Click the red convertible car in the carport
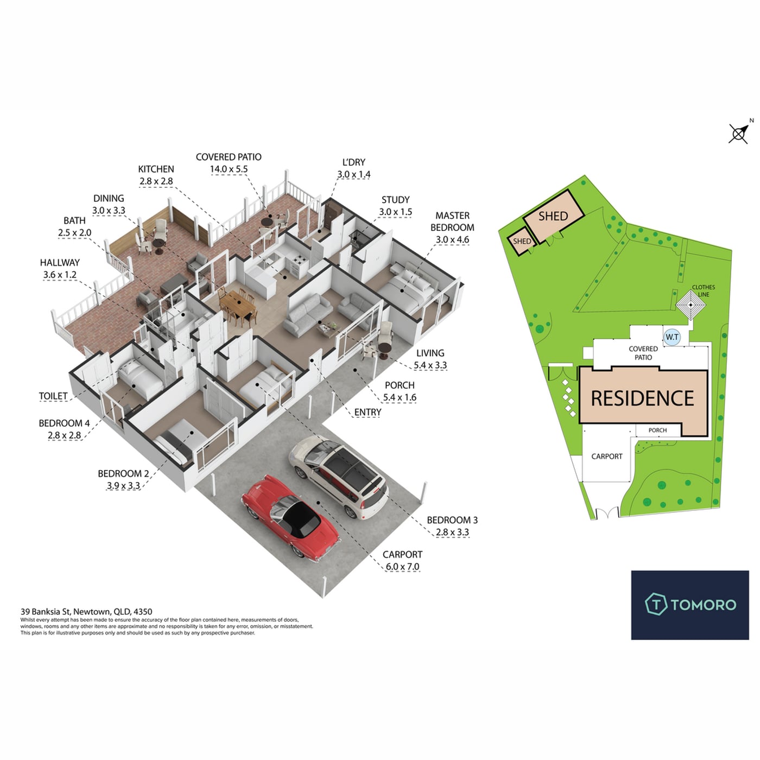click(x=290, y=516)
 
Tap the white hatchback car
click(x=338, y=477)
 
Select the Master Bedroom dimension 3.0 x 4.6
click(x=452, y=239)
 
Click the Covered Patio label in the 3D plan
click(x=229, y=157)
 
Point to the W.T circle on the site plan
click(x=672, y=337)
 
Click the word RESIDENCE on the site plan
click(x=642, y=398)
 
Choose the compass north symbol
click(x=739, y=133)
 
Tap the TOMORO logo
click(x=690, y=605)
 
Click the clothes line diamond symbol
click(x=691, y=305)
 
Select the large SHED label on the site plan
click(x=553, y=216)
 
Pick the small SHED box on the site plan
click(x=522, y=241)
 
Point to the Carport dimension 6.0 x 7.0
click(x=402, y=566)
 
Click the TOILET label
click(x=53, y=396)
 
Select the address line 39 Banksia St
click(x=86, y=612)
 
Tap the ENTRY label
click(x=368, y=412)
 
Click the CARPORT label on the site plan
click(x=606, y=457)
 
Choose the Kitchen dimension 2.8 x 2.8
click(x=156, y=181)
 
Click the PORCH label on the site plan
click(x=657, y=430)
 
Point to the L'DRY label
click(x=354, y=162)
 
